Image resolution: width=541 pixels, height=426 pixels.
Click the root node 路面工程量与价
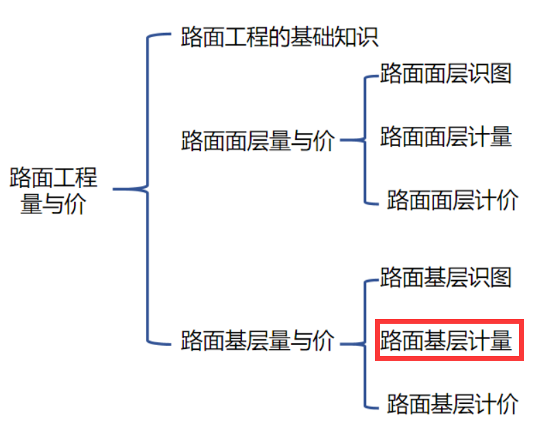53,191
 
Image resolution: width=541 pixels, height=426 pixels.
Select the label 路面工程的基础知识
279,36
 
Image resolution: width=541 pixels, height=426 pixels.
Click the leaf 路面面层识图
446,73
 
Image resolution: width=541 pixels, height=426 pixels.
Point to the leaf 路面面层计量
446,137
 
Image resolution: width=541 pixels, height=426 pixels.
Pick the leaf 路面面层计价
452,200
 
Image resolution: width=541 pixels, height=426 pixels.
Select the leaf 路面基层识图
446,277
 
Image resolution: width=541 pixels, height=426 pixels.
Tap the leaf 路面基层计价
452,403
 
